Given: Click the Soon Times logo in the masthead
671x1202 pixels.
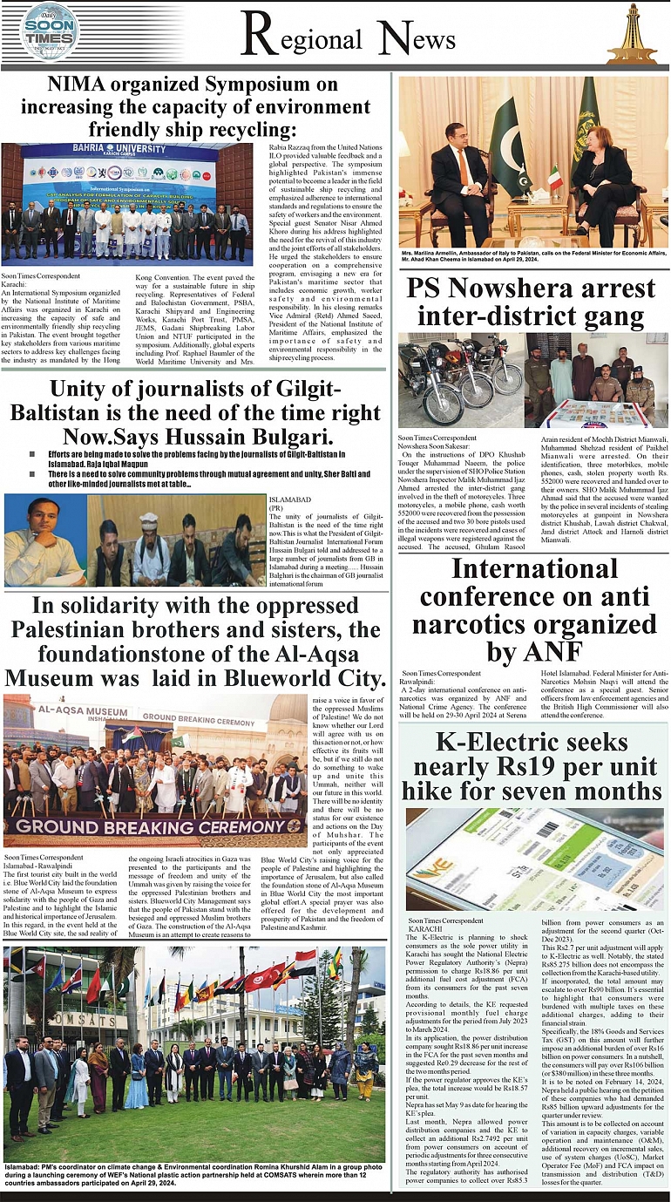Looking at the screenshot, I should click(50, 32).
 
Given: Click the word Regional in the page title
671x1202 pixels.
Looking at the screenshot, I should click(301, 39).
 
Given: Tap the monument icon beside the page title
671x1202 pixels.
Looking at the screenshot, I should click(631, 35).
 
